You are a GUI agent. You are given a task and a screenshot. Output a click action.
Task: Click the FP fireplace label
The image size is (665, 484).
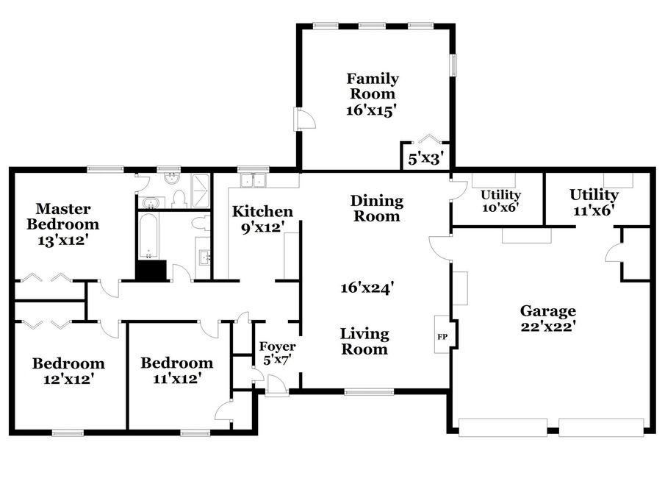click(x=442, y=337)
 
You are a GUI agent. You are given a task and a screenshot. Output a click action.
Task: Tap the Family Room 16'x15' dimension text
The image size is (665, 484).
click(x=371, y=110)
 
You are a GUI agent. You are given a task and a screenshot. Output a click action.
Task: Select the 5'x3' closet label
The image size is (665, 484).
click(x=425, y=159)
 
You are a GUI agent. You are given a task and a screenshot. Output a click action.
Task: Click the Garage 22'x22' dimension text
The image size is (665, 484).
click(x=548, y=326)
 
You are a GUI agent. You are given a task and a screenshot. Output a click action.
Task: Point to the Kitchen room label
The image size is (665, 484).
click(x=262, y=211)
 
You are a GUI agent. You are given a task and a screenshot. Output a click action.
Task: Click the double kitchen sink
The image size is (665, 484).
click(x=254, y=180)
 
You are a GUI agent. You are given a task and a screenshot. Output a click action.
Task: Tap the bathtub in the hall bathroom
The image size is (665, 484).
click(x=148, y=236)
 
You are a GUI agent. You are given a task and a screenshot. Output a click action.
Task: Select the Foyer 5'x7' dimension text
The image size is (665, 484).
click(x=278, y=360)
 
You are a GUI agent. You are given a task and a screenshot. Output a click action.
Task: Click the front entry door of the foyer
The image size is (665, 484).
click(x=276, y=386)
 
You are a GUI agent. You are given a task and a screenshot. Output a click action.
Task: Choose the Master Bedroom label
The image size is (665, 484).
click(x=63, y=216)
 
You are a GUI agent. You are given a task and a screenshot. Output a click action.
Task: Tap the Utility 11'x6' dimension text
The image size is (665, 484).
click(x=594, y=210)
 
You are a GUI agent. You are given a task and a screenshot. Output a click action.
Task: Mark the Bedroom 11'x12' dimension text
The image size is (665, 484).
click(x=177, y=378)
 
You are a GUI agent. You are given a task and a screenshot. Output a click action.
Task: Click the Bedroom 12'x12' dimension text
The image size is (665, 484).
click(x=68, y=379)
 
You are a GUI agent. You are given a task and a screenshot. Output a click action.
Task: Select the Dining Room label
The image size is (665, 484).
click(x=377, y=208)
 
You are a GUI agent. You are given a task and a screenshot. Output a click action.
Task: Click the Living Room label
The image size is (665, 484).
click(x=364, y=341)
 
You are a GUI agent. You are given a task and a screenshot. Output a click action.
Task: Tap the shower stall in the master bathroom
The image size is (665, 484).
click(x=201, y=191)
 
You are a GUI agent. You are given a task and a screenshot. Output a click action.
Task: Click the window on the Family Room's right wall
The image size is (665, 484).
click(x=453, y=65)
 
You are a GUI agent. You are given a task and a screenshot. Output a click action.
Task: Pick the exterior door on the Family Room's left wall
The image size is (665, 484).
click(x=304, y=118)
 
